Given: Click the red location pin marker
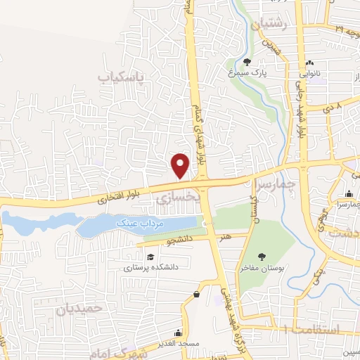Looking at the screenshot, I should (181, 165).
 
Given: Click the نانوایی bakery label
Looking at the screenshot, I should (310, 72).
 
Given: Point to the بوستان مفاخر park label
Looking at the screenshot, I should (262, 268).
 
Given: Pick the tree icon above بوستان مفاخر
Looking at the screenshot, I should (262, 257).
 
